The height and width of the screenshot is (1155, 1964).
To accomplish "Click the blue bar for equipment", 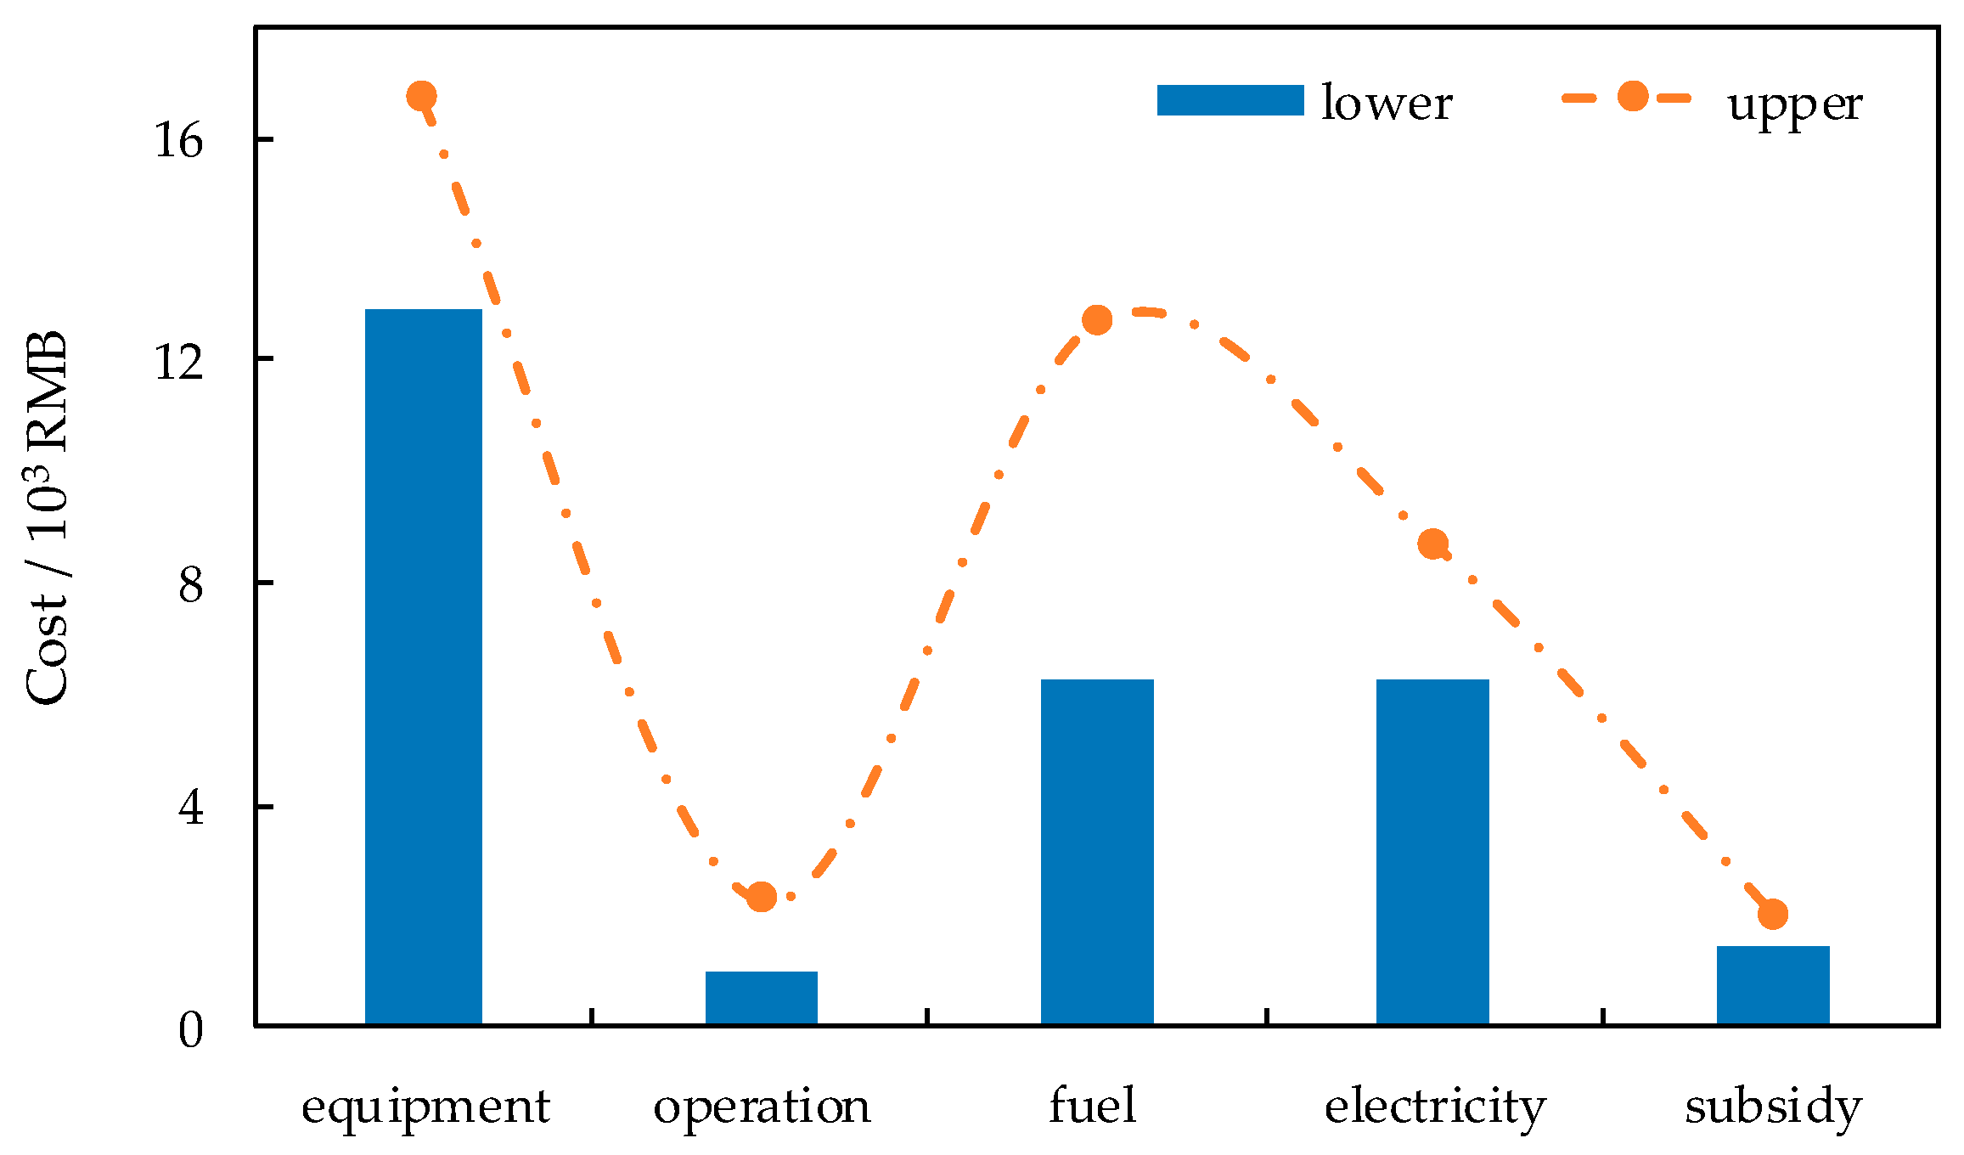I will [x=423, y=667].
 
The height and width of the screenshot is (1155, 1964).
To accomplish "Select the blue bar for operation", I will [x=761, y=998].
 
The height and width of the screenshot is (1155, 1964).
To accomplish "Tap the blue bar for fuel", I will [x=1097, y=852].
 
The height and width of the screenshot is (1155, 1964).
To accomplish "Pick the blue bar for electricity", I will [x=1432, y=852].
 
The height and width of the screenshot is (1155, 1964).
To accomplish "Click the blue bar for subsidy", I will [x=1773, y=985].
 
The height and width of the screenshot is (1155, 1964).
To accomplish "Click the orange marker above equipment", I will [x=422, y=96].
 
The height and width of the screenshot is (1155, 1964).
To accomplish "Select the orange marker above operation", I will [x=762, y=896].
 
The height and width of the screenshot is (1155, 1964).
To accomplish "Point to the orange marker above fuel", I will [x=1097, y=320].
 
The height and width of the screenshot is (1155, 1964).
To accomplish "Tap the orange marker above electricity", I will [x=1433, y=544].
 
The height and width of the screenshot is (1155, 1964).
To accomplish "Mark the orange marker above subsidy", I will [x=1773, y=915].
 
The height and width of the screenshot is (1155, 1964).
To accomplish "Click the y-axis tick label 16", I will [x=178, y=140].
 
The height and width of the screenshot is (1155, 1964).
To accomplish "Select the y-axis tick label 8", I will [x=191, y=584].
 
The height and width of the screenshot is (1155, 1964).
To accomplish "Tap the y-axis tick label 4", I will [x=191, y=807].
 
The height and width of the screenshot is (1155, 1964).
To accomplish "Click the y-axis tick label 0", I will [x=191, y=1030].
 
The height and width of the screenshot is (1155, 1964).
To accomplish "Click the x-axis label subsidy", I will [x=1773, y=1107].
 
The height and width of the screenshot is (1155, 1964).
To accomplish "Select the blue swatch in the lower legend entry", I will [x=1230, y=100].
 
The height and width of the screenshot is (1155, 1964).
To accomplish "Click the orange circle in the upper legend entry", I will [x=1632, y=97].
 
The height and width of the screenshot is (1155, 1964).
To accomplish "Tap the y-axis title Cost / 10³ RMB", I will [x=47, y=518].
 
